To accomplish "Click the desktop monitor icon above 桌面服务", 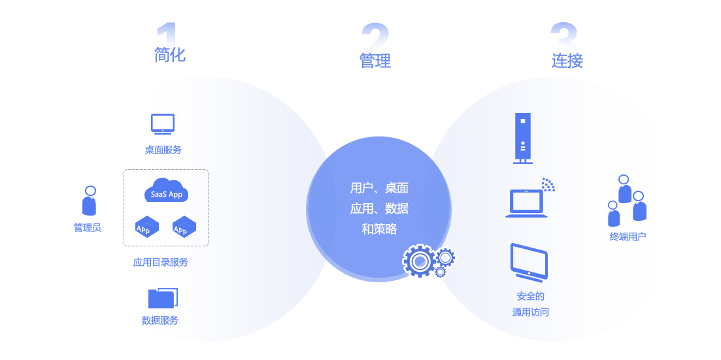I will click(x=163, y=123).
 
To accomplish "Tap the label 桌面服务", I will click(x=163, y=150).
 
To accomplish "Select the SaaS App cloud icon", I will click(x=166, y=191).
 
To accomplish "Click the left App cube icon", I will click(x=146, y=227).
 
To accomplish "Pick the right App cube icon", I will click(x=184, y=227).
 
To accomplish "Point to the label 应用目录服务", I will click(x=161, y=263).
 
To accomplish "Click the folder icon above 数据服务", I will click(x=163, y=298).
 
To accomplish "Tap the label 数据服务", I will click(x=160, y=321).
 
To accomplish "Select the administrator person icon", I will click(x=90, y=201).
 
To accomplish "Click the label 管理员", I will click(x=88, y=228).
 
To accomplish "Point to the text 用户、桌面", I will click(x=379, y=188).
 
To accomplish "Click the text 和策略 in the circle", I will click(x=379, y=229).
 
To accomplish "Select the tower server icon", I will click(x=522, y=139).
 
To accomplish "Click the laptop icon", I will click(x=526, y=203).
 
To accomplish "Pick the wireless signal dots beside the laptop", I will click(x=548, y=184).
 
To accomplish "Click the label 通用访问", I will click(x=531, y=312).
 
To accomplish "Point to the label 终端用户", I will click(x=628, y=237).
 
